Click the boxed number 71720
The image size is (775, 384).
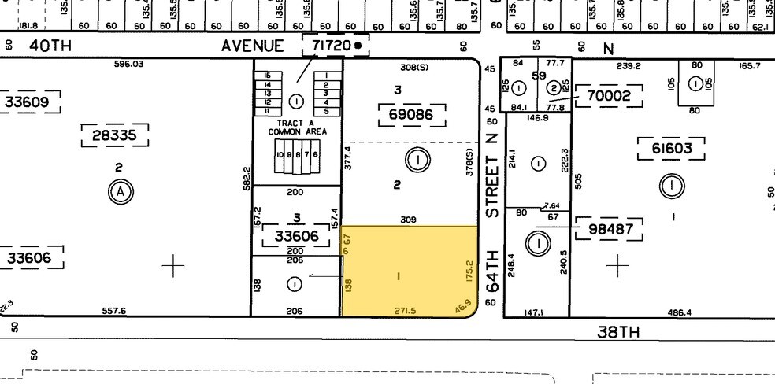pyautogui.click(x=330, y=46)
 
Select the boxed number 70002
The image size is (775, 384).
pyautogui.click(x=610, y=97)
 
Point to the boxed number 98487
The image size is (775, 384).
pyautogui.click(x=610, y=230)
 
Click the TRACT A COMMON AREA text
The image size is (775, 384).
pyautogui.click(x=297, y=126)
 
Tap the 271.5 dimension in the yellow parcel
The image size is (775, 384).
pyautogui.click(x=405, y=312)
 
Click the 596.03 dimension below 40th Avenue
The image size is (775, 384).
pyautogui.click(x=128, y=65)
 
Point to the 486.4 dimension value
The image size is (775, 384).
pyautogui.click(x=678, y=312)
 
